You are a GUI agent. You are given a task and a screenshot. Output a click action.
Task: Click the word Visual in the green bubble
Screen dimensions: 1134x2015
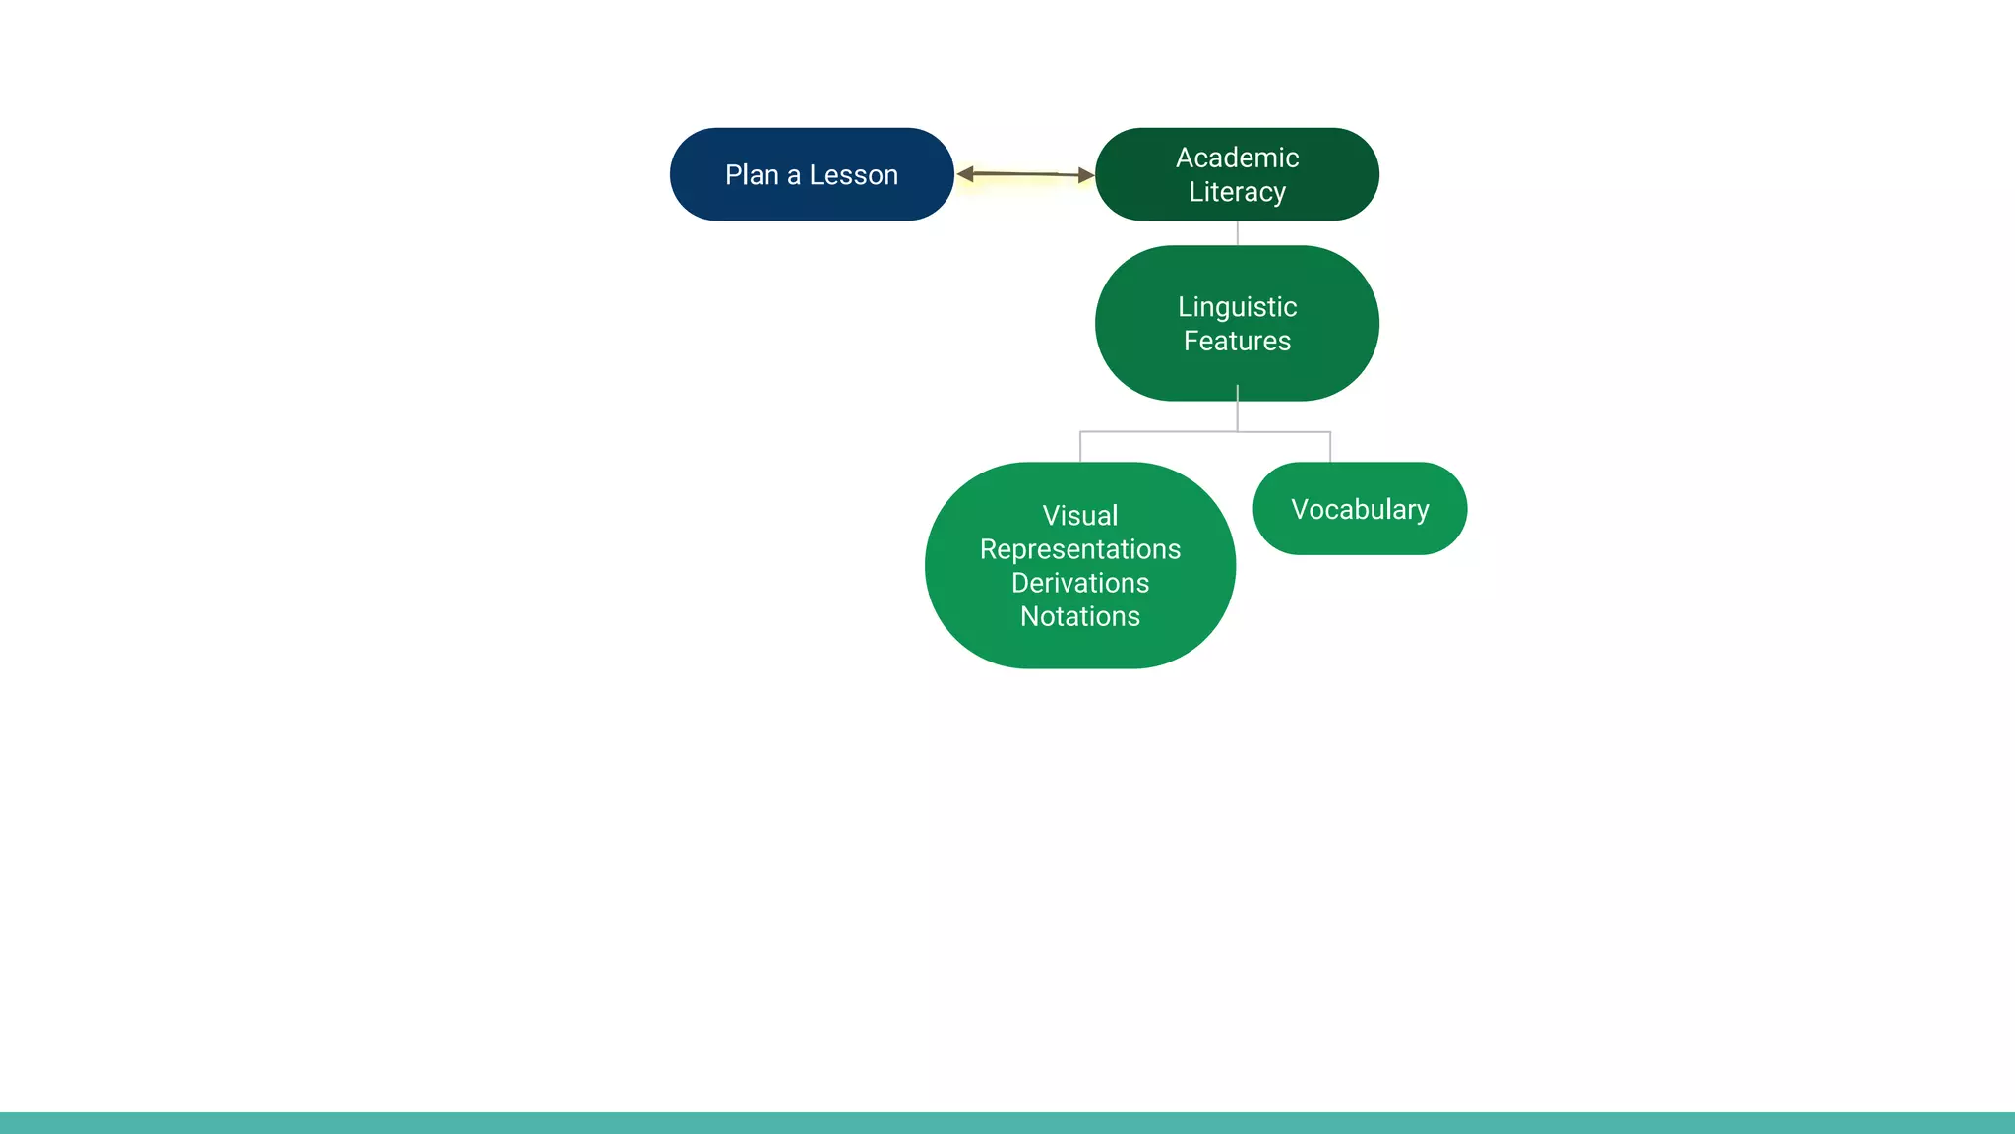[1079, 516]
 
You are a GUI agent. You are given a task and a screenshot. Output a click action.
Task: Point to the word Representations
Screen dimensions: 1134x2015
[1079, 549]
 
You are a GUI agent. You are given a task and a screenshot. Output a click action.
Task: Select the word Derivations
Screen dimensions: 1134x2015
[1079, 583]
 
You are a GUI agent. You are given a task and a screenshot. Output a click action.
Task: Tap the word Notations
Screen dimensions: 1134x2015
[1079, 616]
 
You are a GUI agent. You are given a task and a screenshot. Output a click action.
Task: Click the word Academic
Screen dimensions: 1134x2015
[1237, 157]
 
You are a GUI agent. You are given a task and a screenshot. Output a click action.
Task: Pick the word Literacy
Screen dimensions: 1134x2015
[1237, 191]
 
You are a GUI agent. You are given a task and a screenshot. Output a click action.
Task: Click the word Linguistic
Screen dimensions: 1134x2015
[1237, 307]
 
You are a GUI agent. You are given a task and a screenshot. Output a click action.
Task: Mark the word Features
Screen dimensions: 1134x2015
[1237, 341]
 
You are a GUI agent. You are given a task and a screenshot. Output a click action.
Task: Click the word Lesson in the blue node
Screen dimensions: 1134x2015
[853, 175]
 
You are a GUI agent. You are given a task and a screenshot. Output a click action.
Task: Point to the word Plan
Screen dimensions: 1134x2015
[752, 175]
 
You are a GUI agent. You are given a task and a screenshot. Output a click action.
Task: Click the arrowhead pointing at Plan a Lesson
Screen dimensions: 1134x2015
[965, 174]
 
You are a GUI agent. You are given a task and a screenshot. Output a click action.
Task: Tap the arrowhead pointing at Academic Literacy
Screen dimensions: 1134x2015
[1085, 175]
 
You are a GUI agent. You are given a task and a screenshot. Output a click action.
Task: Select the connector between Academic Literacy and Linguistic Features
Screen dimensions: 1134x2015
[1237, 233]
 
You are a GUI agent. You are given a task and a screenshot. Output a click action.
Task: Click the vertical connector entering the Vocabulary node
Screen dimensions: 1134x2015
[1330, 448]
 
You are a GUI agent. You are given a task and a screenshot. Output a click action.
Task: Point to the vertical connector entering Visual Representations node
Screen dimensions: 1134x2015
[1080, 448]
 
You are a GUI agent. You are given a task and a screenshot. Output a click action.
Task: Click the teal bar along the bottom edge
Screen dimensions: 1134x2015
[1007, 1123]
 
